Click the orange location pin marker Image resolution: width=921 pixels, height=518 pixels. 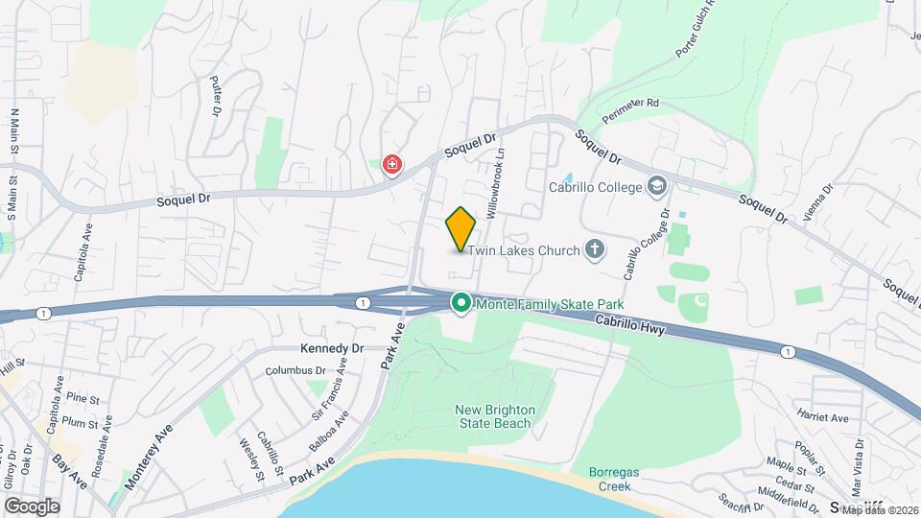(460, 228)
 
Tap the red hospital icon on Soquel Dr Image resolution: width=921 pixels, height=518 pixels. (391, 166)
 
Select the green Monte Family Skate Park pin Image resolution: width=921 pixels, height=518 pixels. (460, 304)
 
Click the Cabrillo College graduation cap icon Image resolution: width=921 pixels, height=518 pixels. (657, 186)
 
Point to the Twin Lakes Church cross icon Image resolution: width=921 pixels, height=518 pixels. (595, 250)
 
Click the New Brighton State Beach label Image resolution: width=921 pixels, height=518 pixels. (494, 416)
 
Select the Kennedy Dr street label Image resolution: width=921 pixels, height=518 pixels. (333, 348)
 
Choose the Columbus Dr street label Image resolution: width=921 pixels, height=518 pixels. (296, 370)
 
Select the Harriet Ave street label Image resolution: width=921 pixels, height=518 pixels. (822, 417)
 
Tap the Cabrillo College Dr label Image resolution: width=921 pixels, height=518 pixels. (646, 246)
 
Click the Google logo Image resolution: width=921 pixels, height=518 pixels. (32, 506)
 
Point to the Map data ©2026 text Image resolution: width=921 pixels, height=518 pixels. (879, 509)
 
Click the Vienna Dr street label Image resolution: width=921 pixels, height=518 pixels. (818, 202)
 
